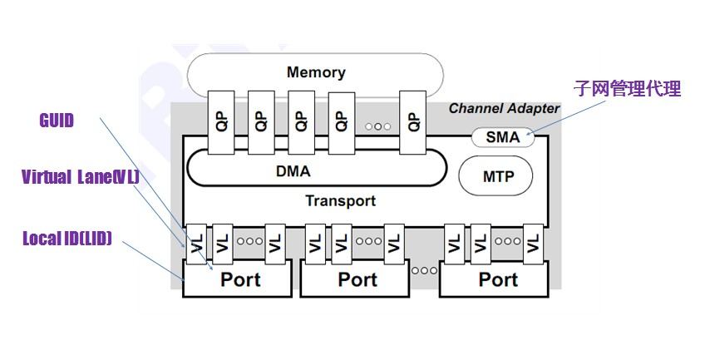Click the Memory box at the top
click(316, 73)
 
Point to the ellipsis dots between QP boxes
click(377, 126)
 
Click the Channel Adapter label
click(504, 109)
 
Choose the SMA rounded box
click(503, 137)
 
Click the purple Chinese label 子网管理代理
click(628, 88)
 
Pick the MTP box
click(496, 176)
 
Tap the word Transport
click(340, 200)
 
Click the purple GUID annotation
click(57, 121)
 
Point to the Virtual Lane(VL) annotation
click(80, 177)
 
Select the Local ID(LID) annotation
click(67, 239)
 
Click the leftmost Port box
click(240, 279)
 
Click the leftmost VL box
click(196, 244)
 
